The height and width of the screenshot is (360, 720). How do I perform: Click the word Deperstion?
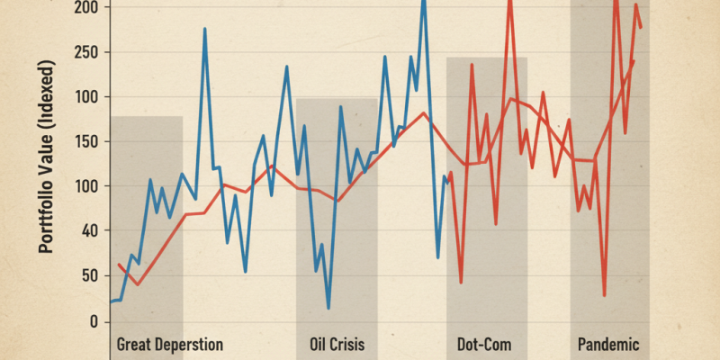(x=191, y=345)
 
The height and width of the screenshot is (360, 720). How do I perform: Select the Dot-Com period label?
(x=486, y=345)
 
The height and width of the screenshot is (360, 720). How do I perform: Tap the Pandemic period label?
(x=607, y=345)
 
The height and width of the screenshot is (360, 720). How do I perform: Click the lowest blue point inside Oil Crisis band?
(x=328, y=308)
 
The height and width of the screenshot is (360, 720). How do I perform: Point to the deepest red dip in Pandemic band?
(x=605, y=295)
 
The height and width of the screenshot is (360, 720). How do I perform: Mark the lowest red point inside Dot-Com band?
(x=461, y=283)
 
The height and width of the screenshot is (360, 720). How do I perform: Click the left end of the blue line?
(x=111, y=301)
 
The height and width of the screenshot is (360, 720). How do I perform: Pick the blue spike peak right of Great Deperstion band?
(x=204, y=29)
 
